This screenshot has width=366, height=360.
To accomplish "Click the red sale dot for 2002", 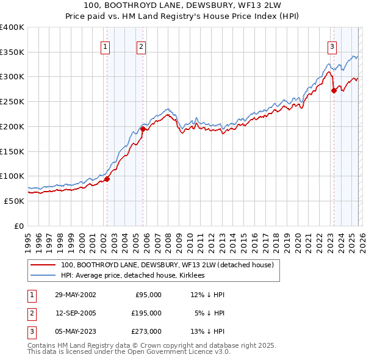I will tap(107, 179).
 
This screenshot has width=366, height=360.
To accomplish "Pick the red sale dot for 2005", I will tap(143, 129).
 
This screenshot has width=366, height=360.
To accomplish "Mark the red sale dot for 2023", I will tap(334, 90).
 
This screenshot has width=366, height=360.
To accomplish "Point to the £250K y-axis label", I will tap(12, 102).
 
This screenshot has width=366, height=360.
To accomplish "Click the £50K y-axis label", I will tap(15, 201).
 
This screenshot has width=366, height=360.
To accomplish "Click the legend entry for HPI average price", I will tap(132, 276).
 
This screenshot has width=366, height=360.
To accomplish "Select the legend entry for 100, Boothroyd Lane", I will tap(167, 265).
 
